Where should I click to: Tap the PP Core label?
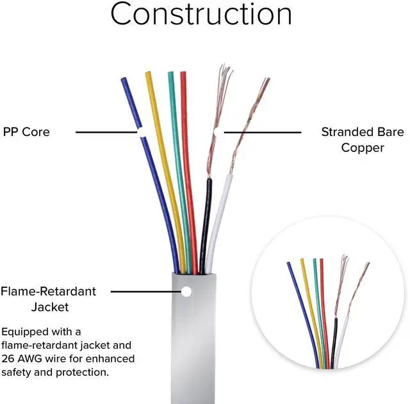[26, 132]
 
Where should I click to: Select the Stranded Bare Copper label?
[362, 140]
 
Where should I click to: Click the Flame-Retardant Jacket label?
[48, 299]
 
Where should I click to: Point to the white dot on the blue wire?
[141, 132]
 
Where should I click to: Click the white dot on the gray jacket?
[186, 291]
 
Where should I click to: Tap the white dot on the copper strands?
[218, 131]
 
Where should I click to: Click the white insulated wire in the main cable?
[217, 218]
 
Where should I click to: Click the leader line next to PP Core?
[106, 132]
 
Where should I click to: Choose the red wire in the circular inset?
[324, 301]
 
